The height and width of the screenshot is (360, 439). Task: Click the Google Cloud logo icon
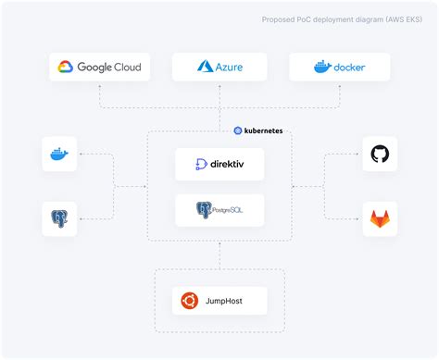coord(66,67)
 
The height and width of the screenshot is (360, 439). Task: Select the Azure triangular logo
coord(207,67)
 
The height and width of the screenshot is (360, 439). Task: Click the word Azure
coord(230,67)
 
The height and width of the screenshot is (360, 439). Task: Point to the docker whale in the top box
coord(321,67)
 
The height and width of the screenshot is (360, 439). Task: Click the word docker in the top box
coord(351,67)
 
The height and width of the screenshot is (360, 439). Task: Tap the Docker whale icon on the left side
coord(59,153)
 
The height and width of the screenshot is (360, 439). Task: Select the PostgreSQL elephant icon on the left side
coord(59,219)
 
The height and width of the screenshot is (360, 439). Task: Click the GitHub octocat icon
coord(380,154)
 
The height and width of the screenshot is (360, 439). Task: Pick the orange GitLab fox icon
coord(380,219)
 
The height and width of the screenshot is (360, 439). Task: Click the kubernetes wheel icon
coord(238,130)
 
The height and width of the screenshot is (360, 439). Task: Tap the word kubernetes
coord(265,130)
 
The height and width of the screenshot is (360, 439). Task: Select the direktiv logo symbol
coord(202,165)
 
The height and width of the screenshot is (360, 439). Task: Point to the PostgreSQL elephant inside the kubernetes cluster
coord(204,211)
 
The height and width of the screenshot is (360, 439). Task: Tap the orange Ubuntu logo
coord(189,300)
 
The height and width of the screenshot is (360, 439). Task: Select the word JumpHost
coord(227,300)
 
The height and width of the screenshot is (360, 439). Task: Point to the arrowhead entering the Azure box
coord(219,84)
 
